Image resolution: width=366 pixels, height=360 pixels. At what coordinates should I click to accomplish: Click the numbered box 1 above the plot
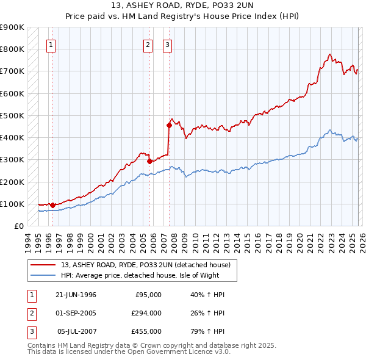(51, 44)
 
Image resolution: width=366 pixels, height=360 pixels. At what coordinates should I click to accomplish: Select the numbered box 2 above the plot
(148, 44)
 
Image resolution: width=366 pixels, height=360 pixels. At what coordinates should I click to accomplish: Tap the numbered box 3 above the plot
(167, 44)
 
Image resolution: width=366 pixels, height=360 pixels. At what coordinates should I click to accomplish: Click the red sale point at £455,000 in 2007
(169, 125)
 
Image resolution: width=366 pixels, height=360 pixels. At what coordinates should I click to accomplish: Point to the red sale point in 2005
(149, 161)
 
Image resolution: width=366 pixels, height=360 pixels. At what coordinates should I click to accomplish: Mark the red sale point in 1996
(52, 205)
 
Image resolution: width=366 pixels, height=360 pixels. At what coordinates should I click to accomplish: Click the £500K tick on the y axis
(12, 115)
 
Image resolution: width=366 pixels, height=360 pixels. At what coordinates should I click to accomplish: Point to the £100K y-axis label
(12, 204)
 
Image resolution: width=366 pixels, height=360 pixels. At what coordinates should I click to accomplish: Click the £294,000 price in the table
(145, 313)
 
